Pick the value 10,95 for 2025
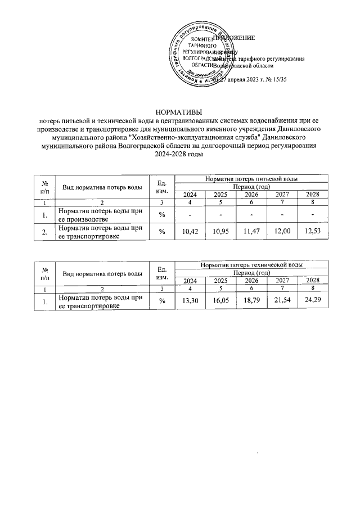[220, 232]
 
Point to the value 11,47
[251, 232]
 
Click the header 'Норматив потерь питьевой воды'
[251, 179]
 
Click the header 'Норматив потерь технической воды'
[251, 264]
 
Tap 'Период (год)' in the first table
[251, 186]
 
